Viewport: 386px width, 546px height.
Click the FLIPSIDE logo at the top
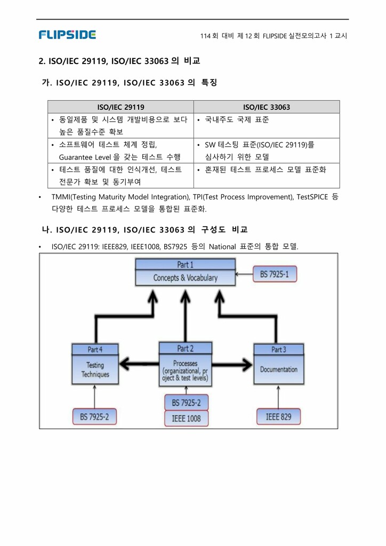67,35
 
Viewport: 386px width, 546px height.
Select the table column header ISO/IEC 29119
120,107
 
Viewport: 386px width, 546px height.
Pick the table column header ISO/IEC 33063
266,107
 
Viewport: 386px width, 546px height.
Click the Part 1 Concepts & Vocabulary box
185,272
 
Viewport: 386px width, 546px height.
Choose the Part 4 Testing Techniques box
95,365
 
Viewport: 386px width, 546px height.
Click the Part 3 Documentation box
278,365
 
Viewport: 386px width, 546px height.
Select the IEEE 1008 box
186,418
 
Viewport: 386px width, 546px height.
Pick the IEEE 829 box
278,416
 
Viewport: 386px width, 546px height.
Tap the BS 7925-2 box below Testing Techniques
94,416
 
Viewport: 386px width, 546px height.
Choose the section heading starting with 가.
129,83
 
